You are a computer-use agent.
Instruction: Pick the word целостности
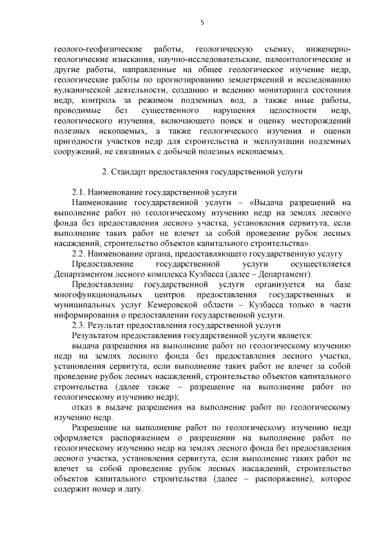286,111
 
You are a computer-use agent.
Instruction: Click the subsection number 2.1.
79,192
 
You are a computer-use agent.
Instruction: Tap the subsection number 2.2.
79,253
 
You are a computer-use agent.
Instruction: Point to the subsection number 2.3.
79,325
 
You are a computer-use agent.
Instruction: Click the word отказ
82,407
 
